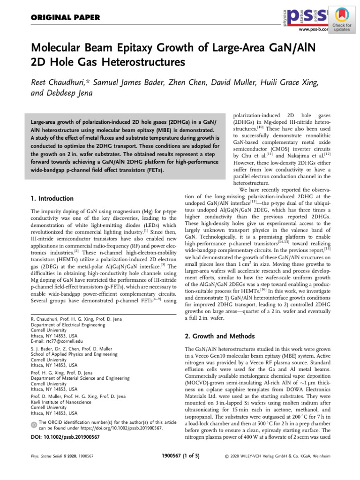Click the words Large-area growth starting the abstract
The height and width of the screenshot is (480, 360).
click(x=58, y=123)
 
